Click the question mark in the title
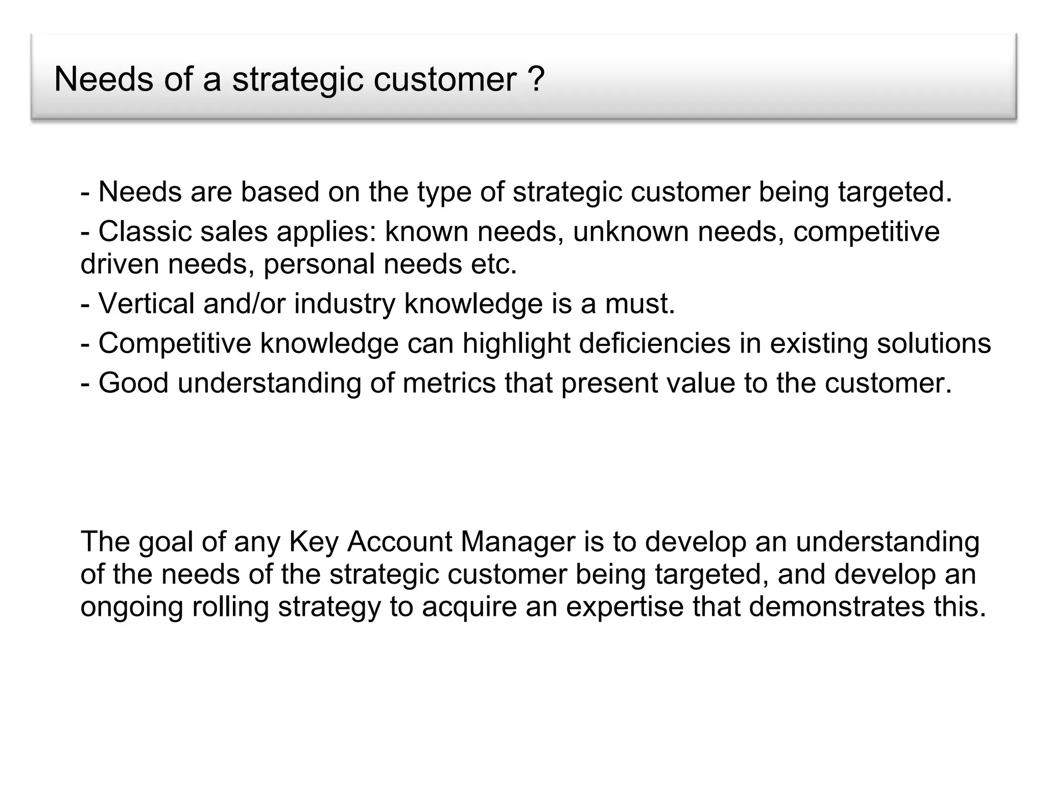coord(536,79)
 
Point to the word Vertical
coord(146,304)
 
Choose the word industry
coord(344,304)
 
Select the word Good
coord(133,383)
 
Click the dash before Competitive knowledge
coord(85,344)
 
